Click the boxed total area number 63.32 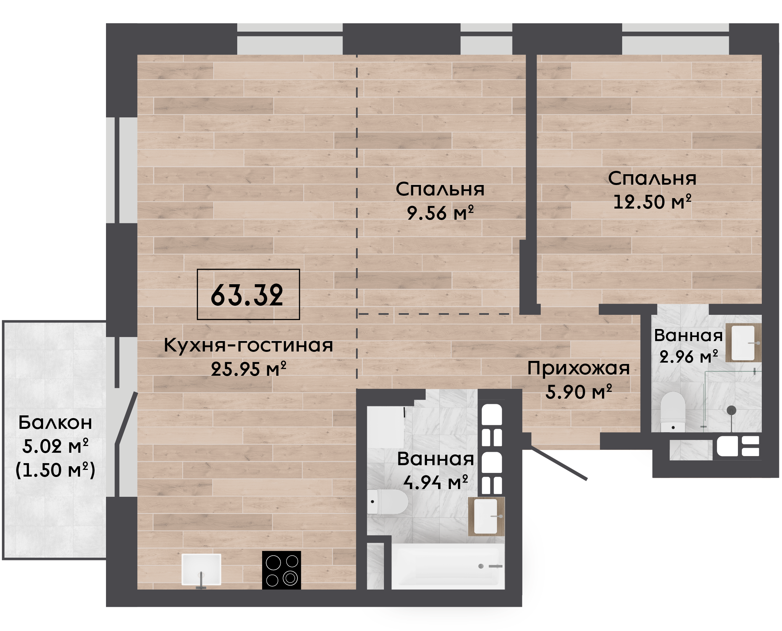pyautogui.click(x=247, y=295)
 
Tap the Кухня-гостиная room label pyautogui.click(x=248, y=345)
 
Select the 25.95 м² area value pyautogui.click(x=248, y=369)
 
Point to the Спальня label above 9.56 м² pyautogui.click(x=440, y=190)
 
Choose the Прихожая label pyautogui.click(x=578, y=369)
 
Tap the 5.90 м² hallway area pyautogui.click(x=579, y=392)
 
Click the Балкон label pyautogui.click(x=55, y=423)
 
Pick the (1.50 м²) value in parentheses pyautogui.click(x=55, y=470)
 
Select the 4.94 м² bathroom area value pyautogui.click(x=435, y=483)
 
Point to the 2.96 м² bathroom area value pyautogui.click(x=688, y=357)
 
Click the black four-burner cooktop pyautogui.click(x=281, y=570)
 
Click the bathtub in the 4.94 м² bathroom pyautogui.click(x=448, y=566)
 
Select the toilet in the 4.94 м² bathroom pyautogui.click(x=387, y=502)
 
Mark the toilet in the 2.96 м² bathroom pyautogui.click(x=673, y=412)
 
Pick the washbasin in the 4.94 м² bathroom pyautogui.click(x=486, y=517)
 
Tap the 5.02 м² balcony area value pyautogui.click(x=55, y=446)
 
